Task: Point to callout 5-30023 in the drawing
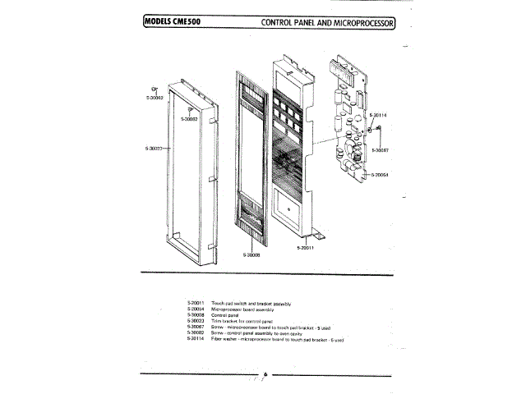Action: (x=153, y=149)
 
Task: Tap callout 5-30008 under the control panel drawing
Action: (x=251, y=255)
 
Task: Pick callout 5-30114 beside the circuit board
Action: (x=379, y=115)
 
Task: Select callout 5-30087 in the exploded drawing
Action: (x=380, y=150)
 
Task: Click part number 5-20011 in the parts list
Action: (x=196, y=304)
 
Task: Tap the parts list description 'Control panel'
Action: (x=225, y=315)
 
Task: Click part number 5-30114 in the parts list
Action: (x=196, y=338)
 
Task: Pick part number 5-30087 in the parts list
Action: (x=196, y=327)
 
